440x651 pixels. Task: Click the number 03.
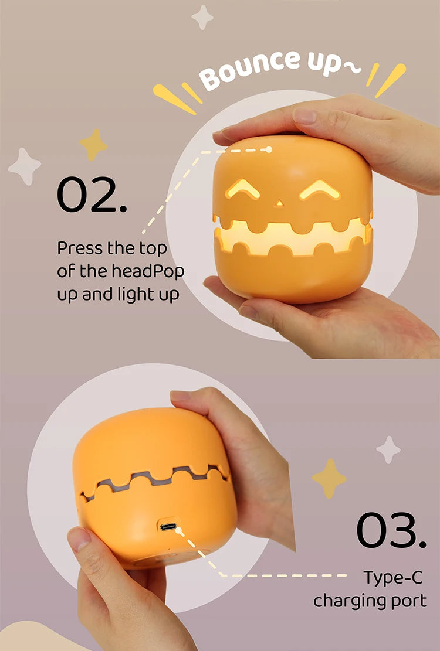click(x=391, y=530)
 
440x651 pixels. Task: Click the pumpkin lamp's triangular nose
click(x=279, y=203)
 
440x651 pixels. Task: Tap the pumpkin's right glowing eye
click(x=320, y=189)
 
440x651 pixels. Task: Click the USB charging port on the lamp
click(x=168, y=526)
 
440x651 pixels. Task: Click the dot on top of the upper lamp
click(x=269, y=149)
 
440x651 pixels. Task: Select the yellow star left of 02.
click(x=93, y=144)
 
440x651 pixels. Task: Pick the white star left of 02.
click(x=25, y=166)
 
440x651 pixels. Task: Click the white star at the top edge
click(x=202, y=17)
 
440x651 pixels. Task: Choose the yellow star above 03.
click(x=329, y=478)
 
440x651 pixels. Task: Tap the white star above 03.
click(x=388, y=449)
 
